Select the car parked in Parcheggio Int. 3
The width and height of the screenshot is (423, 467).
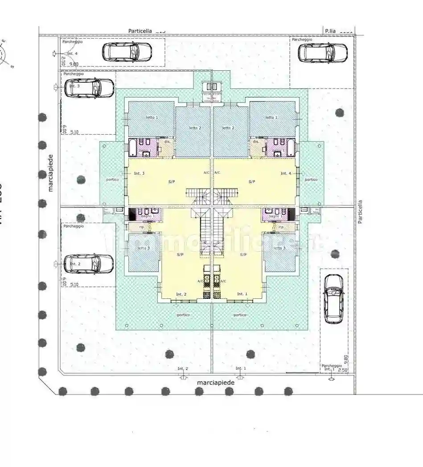(90, 88)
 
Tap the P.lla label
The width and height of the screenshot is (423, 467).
(330, 31)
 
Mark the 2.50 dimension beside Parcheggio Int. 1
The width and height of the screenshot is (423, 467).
(343, 370)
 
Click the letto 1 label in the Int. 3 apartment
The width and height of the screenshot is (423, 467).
(152, 117)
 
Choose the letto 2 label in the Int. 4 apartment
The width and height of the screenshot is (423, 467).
(228, 128)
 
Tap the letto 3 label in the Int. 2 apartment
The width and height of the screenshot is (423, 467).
(144, 248)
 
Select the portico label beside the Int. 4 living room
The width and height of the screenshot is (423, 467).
(311, 179)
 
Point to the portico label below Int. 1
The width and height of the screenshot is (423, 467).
(240, 315)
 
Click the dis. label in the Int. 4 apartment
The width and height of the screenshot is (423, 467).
(256, 142)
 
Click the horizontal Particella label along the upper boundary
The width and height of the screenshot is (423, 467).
(140, 31)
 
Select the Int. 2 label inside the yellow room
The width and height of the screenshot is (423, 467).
(181, 294)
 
